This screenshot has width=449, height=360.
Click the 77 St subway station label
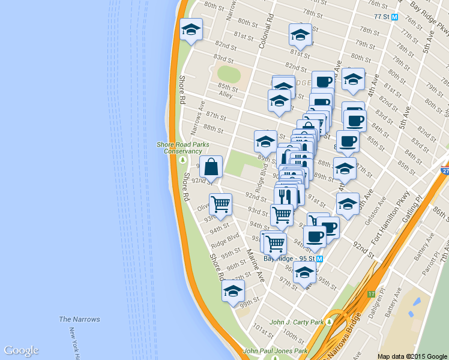pyautogui.click(x=381, y=17)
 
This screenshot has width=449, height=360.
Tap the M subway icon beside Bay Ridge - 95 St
pyautogui.click(x=319, y=259)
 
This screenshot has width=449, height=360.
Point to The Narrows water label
pyautogui.click(x=79, y=319)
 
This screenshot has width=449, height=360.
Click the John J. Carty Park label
pyautogui.click(x=297, y=322)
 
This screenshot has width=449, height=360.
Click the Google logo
pyautogui.click(x=21, y=350)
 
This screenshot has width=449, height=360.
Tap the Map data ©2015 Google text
pyautogui.click(x=412, y=356)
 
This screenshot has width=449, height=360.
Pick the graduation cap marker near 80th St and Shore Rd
pyautogui.click(x=191, y=29)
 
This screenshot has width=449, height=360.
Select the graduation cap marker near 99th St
pyautogui.click(x=233, y=291)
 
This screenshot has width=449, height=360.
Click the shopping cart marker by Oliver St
pyautogui.click(x=220, y=204)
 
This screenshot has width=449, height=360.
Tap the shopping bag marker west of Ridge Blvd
pyautogui.click(x=211, y=167)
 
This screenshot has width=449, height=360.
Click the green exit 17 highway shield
pyautogui.click(x=372, y=295)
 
